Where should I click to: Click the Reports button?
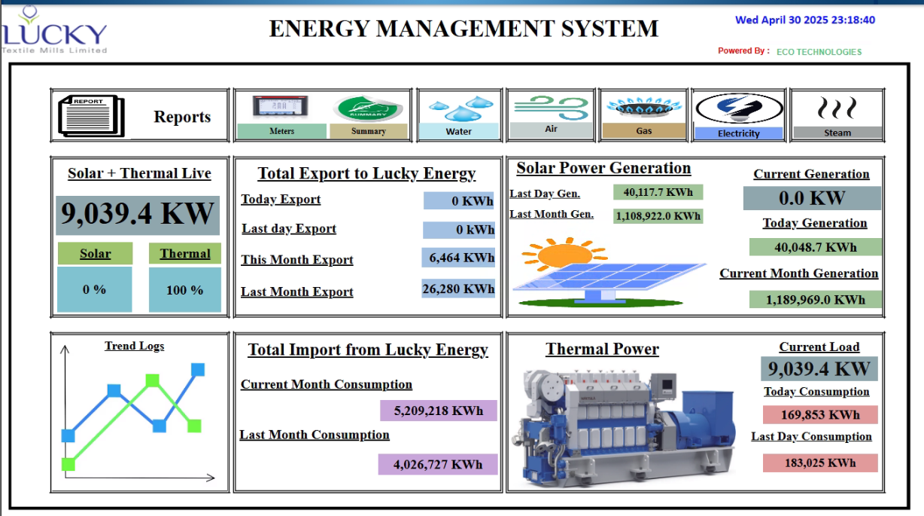click(x=139, y=116)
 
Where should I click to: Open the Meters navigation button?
click(x=281, y=116)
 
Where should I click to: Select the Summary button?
click(x=368, y=116)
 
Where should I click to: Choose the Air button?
click(x=551, y=115)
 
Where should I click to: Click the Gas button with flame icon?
click(x=644, y=115)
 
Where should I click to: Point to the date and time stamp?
click(x=804, y=20)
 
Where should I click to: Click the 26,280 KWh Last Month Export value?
click(x=458, y=289)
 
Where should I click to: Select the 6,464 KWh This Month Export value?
click(x=458, y=258)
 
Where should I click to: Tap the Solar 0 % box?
click(x=95, y=289)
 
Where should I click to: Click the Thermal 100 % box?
click(x=185, y=289)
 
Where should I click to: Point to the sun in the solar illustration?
click(x=564, y=254)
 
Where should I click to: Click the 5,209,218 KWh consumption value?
click(x=438, y=411)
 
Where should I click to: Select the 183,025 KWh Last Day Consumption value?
click(x=819, y=463)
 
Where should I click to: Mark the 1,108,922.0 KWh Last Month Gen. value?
click(x=658, y=216)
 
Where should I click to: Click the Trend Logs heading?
click(x=134, y=346)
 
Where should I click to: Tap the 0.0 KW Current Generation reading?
click(x=811, y=198)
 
